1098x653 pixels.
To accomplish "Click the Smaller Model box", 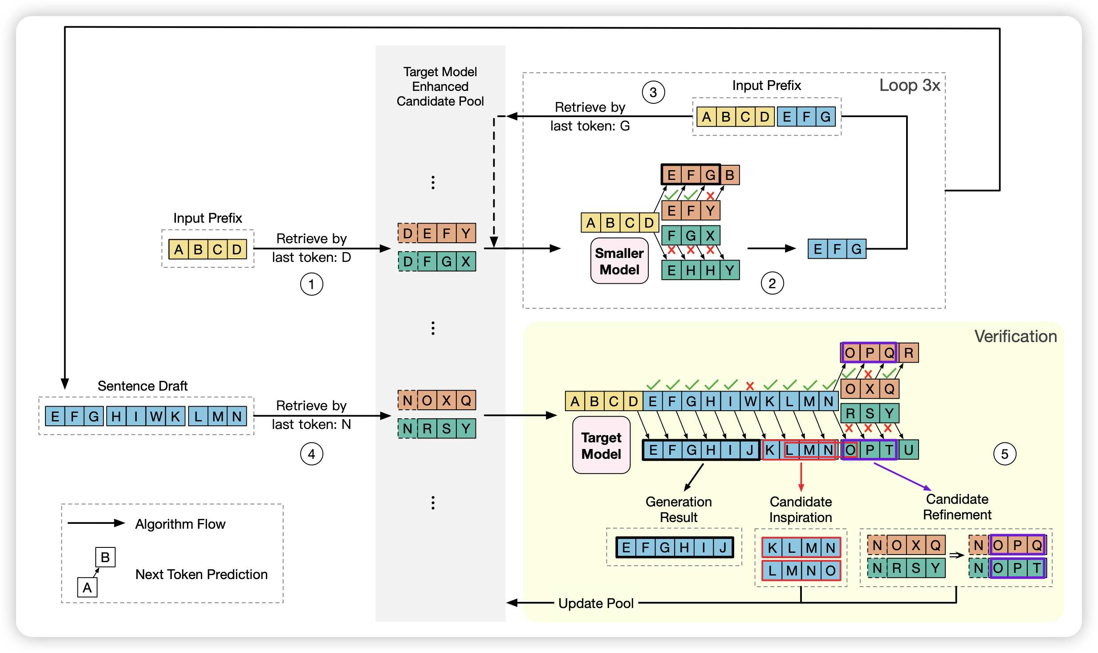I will pyautogui.click(x=619, y=261).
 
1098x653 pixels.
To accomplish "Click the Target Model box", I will pyautogui.click(x=601, y=445).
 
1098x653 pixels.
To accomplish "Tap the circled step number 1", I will pyautogui.click(x=311, y=284).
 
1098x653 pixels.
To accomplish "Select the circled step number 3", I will pyautogui.click(x=653, y=93).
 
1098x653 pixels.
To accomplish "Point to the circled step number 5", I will pyautogui.click(x=1004, y=454).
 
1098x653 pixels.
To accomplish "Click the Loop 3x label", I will pyautogui.click(x=909, y=85).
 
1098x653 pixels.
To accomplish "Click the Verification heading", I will pyautogui.click(x=1015, y=336).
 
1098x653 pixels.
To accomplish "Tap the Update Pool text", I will pyautogui.click(x=596, y=603).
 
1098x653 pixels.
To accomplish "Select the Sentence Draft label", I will pyautogui.click(x=142, y=386).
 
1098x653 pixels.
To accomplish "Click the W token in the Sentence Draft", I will pyautogui.click(x=156, y=416).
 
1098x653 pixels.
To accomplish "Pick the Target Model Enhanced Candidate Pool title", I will pyautogui.click(x=440, y=86).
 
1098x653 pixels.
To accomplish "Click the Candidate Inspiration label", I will pyautogui.click(x=801, y=510).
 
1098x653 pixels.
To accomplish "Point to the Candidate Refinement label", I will pyautogui.click(x=957, y=507).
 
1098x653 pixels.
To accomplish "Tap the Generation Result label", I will pyautogui.click(x=679, y=510).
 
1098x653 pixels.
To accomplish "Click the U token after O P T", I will pyautogui.click(x=908, y=450).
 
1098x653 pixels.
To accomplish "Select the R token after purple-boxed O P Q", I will pyautogui.click(x=908, y=353).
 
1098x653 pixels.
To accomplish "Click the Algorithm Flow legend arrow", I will pyautogui.click(x=96, y=523).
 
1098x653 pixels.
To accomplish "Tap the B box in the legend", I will pyautogui.click(x=106, y=557).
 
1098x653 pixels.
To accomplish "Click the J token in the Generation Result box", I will pyautogui.click(x=723, y=547).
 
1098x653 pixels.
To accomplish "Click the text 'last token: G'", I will pyautogui.click(x=590, y=126).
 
